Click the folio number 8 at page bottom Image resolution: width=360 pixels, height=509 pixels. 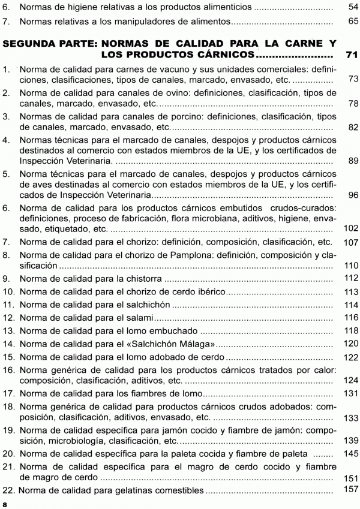5,505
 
